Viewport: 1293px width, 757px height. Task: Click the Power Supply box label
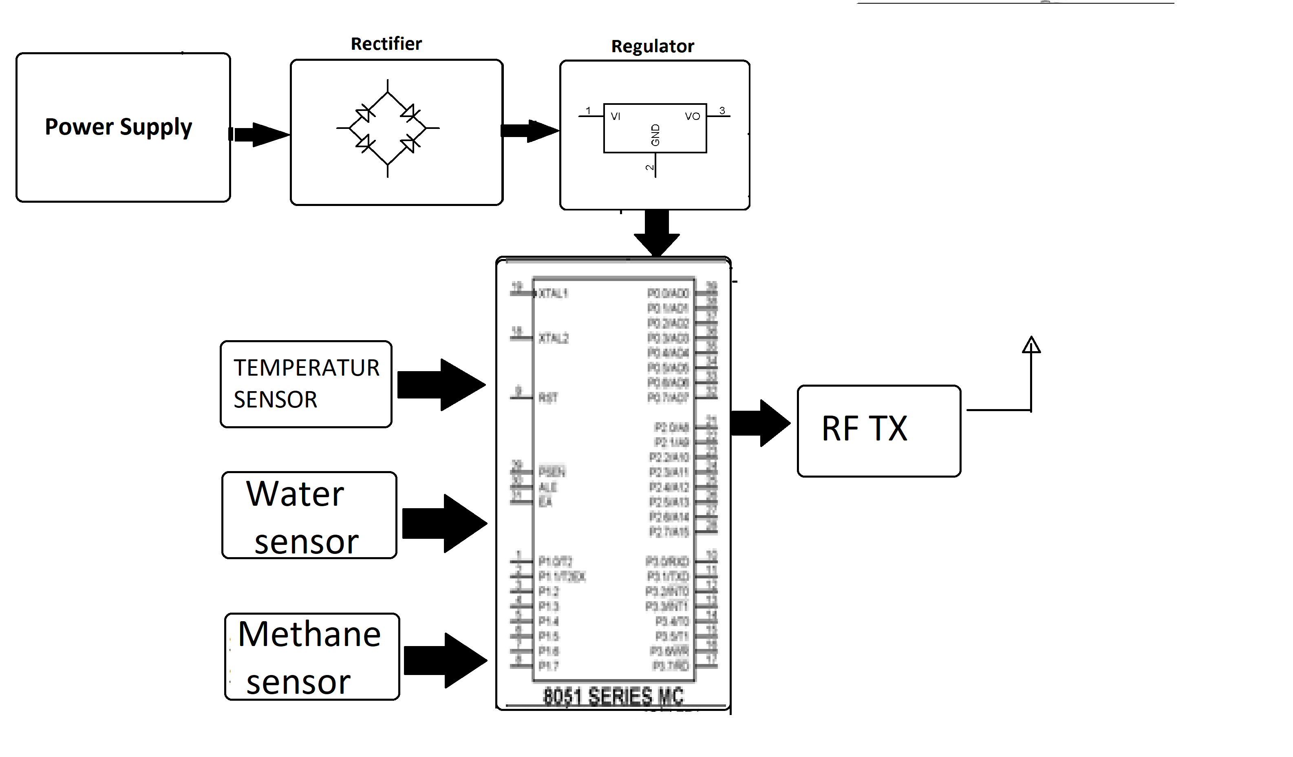point(119,127)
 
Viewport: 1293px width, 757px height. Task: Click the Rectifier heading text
point(386,44)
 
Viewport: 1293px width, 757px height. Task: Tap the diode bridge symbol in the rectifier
point(387,128)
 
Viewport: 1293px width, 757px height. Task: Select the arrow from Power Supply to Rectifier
point(260,135)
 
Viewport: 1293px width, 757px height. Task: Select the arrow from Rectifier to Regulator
point(530,131)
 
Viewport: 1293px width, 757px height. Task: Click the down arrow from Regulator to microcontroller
point(656,234)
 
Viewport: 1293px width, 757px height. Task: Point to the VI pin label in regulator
point(615,117)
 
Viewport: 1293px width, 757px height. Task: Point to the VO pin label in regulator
point(692,117)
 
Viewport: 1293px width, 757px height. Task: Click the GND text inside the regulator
point(655,135)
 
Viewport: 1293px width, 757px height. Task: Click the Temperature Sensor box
point(306,384)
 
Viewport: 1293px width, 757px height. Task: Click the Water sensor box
point(309,515)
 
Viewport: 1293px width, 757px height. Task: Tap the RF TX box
point(878,431)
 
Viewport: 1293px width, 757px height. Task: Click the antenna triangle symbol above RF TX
point(1031,345)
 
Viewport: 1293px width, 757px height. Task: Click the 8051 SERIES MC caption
point(613,697)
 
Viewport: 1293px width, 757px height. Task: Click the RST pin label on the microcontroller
point(548,398)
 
